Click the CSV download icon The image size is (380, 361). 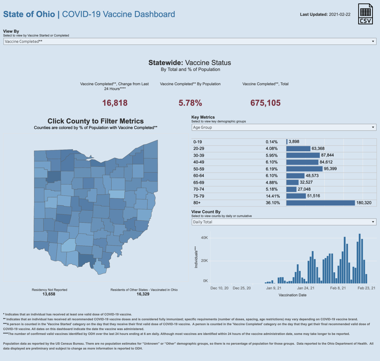click(365, 14)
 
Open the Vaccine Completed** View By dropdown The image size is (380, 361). click(190, 41)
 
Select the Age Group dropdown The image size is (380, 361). click(284, 127)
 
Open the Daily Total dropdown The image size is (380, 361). click(284, 222)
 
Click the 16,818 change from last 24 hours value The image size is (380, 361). click(115, 103)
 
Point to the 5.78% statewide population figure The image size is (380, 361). click(190, 103)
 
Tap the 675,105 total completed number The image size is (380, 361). click(265, 103)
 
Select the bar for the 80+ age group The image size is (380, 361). click(320, 203)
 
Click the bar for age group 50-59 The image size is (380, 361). click(304, 169)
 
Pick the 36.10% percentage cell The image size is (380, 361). click(273, 203)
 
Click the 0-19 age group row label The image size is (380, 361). click(197, 142)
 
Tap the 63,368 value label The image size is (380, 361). click(318, 149)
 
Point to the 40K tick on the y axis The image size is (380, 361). click(204, 238)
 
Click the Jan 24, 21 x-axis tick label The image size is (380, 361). click(305, 288)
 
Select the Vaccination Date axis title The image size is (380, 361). click(292, 295)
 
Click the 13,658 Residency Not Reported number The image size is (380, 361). click(49, 294)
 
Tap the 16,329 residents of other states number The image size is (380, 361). click(143, 294)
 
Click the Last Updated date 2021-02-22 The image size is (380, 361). click(340, 15)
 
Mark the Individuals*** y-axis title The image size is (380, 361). click(196, 257)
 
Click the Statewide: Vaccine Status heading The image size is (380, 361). click(190, 63)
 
